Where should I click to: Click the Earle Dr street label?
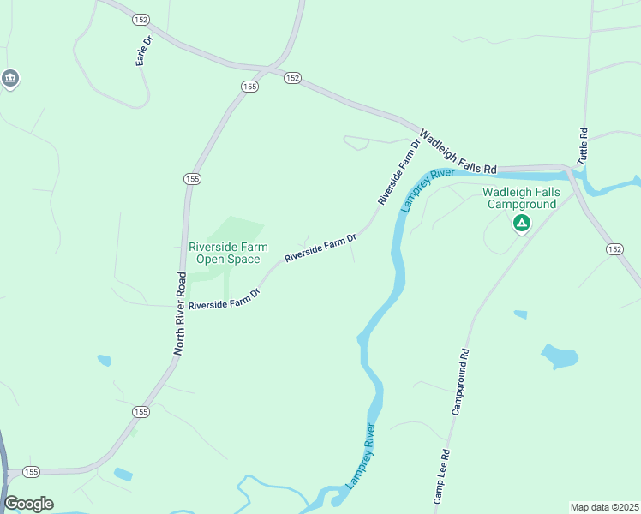coord(144,51)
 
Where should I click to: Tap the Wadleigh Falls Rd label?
coord(458,152)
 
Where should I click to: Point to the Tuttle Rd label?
coord(583,146)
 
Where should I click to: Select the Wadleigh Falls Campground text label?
coord(522,198)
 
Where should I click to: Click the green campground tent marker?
coord(521,224)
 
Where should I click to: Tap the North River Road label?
coord(181,314)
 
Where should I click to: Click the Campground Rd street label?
coord(460,382)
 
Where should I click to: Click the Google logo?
coord(28,504)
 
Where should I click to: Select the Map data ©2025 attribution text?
coord(604,507)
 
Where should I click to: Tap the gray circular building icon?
coord(10,80)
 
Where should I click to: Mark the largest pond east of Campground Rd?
coord(559,355)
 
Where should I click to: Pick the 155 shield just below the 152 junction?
coord(249,87)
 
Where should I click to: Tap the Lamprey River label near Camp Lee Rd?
coord(361,456)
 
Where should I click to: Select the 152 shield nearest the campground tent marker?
coord(614,249)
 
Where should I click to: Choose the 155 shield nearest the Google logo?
coord(32,472)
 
